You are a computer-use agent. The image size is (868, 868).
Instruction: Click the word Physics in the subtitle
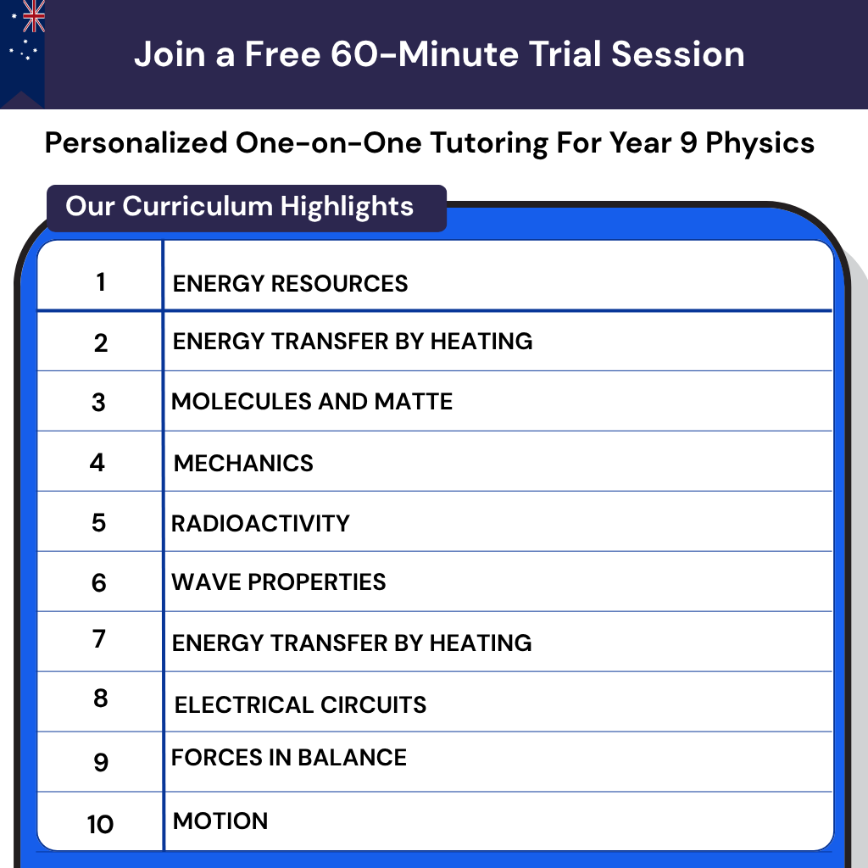pyautogui.click(x=760, y=143)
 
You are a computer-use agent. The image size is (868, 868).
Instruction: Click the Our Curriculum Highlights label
pyautogui.click(x=240, y=206)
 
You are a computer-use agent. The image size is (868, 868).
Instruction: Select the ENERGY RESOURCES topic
pyautogui.click(x=290, y=283)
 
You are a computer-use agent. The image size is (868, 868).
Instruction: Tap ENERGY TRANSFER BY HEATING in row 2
pyautogui.click(x=353, y=342)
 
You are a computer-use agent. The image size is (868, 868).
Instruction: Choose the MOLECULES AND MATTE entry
pyautogui.click(x=312, y=401)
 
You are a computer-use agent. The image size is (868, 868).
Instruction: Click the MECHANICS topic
pyautogui.click(x=243, y=463)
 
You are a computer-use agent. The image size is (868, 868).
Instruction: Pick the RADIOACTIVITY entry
pyautogui.click(x=260, y=523)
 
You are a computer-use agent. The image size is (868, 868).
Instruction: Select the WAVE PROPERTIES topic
pyautogui.click(x=279, y=582)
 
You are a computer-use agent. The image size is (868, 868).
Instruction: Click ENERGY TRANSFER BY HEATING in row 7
pyautogui.click(x=352, y=643)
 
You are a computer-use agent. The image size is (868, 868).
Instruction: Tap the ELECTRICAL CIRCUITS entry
pyautogui.click(x=300, y=704)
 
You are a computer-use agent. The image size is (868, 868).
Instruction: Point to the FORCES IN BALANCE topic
pyautogui.click(x=289, y=757)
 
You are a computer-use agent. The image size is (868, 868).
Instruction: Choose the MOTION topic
pyautogui.click(x=220, y=821)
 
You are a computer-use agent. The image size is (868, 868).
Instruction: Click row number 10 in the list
pyautogui.click(x=100, y=824)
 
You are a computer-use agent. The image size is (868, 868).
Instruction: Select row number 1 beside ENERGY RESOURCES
pyautogui.click(x=101, y=281)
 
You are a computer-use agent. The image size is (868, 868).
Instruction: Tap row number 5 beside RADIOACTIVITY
pyautogui.click(x=99, y=523)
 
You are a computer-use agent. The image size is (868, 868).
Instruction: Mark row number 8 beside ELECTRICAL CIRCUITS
pyautogui.click(x=101, y=698)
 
